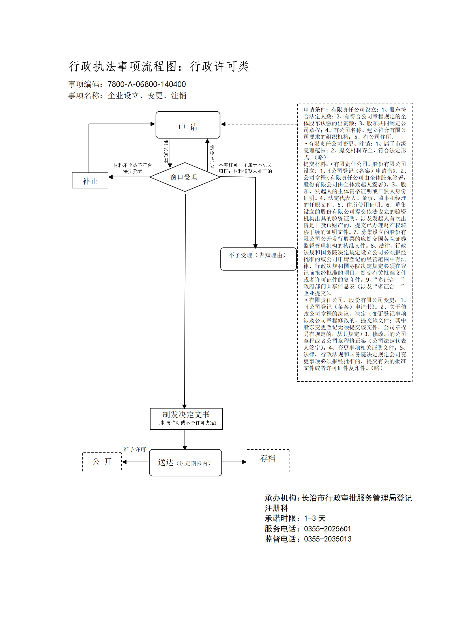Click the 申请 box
[188, 125]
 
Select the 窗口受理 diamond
[185, 177]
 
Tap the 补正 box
[90, 180]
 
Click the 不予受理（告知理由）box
[258, 259]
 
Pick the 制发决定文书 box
[186, 419]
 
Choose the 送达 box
[185, 463]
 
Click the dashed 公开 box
[102, 462]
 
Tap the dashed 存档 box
[268, 461]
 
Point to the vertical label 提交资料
[166, 151]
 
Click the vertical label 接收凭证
[212, 156]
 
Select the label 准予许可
[134, 449]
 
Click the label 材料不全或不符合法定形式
[133, 168]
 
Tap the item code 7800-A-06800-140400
[147, 84]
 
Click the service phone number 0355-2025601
[327, 529]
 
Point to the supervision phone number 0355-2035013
[328, 539]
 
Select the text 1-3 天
[315, 518]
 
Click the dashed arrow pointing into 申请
[259, 124]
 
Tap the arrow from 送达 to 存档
[235, 462]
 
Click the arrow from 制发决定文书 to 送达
[185, 440]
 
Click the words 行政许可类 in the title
[220, 66]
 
